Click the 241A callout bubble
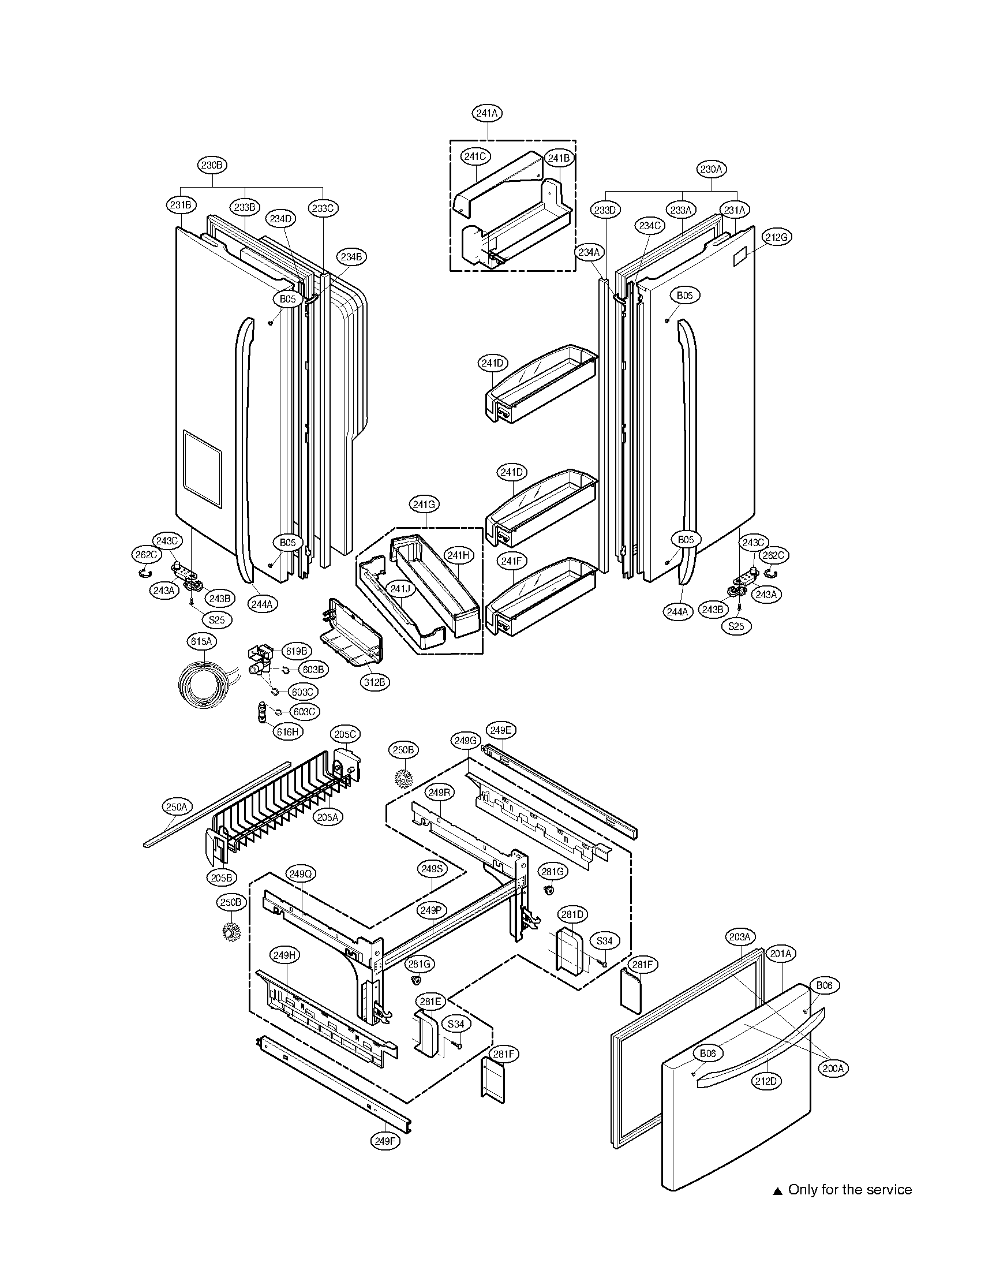tap(487, 113)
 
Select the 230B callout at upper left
tap(211, 165)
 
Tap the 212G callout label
tap(777, 237)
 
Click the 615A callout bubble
tap(201, 642)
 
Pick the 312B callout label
tap(375, 682)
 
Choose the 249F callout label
tap(385, 1141)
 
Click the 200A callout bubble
tap(833, 1068)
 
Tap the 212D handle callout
tap(766, 1081)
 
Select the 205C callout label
tap(345, 734)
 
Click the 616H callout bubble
tap(288, 732)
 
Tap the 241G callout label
tap(424, 505)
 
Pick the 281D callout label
tap(572, 915)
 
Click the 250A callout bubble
tap(176, 807)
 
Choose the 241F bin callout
tap(511, 561)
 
